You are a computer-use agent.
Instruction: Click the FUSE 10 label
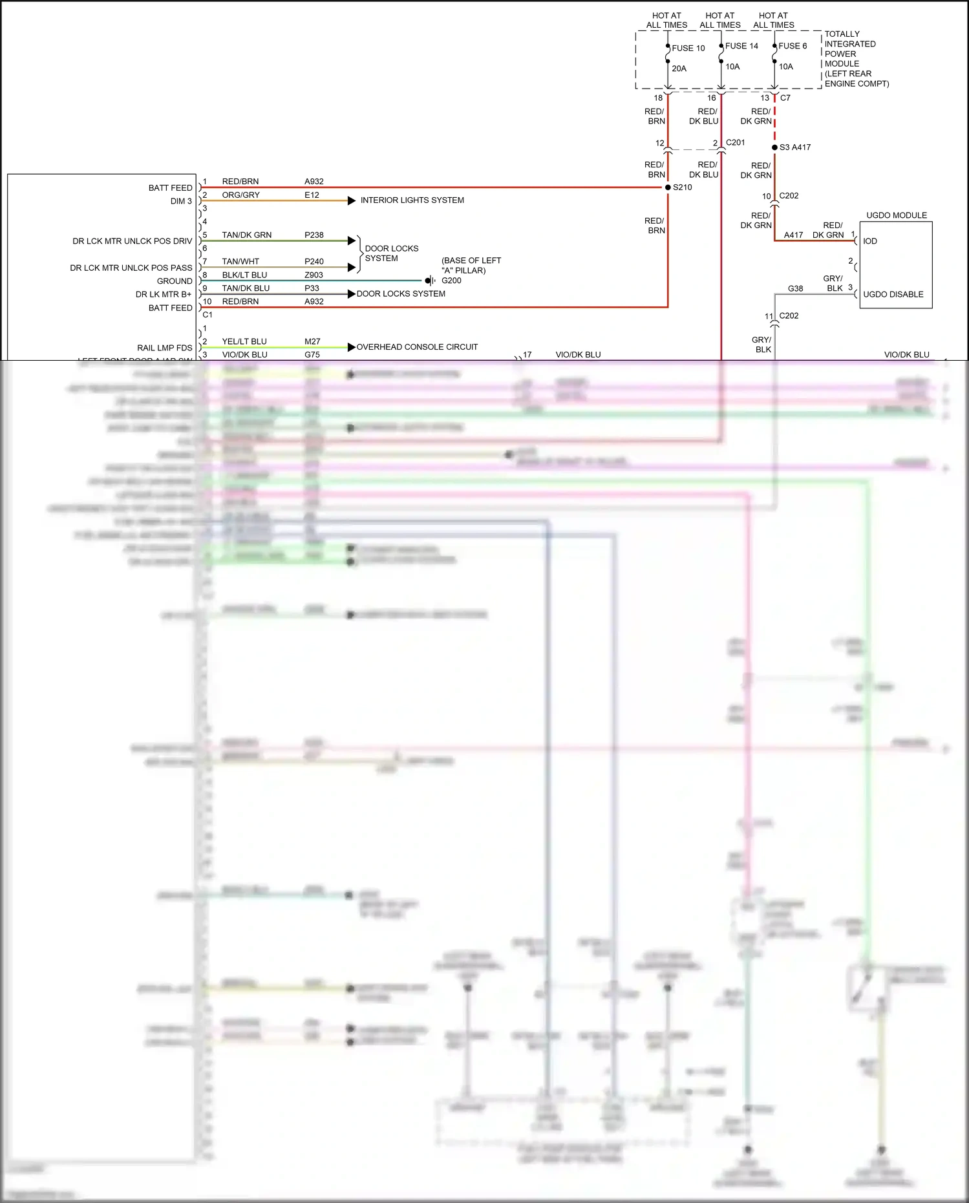(x=688, y=48)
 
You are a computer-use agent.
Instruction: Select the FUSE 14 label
(x=741, y=46)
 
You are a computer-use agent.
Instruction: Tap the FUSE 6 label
(x=793, y=46)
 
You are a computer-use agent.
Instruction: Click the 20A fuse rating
(x=679, y=69)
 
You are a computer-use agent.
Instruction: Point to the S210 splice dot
(x=668, y=187)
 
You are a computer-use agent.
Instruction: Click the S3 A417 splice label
(x=794, y=147)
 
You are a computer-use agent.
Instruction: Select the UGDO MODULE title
(x=896, y=215)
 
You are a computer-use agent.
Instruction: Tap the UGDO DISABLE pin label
(x=893, y=294)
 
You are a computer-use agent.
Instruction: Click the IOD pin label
(x=870, y=241)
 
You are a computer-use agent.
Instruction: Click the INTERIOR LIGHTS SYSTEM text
(x=412, y=200)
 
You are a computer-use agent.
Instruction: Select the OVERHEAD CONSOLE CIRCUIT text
(x=417, y=347)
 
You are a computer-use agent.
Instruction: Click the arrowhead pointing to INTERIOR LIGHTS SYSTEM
(x=352, y=200)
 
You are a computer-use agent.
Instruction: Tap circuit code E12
(x=312, y=195)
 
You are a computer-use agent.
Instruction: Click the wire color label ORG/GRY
(x=240, y=195)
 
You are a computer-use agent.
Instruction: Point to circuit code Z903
(x=314, y=275)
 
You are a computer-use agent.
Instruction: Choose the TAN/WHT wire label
(x=240, y=262)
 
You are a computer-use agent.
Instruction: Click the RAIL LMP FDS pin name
(x=164, y=348)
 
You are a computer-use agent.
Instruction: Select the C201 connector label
(x=735, y=143)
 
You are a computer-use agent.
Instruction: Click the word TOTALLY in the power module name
(x=842, y=34)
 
